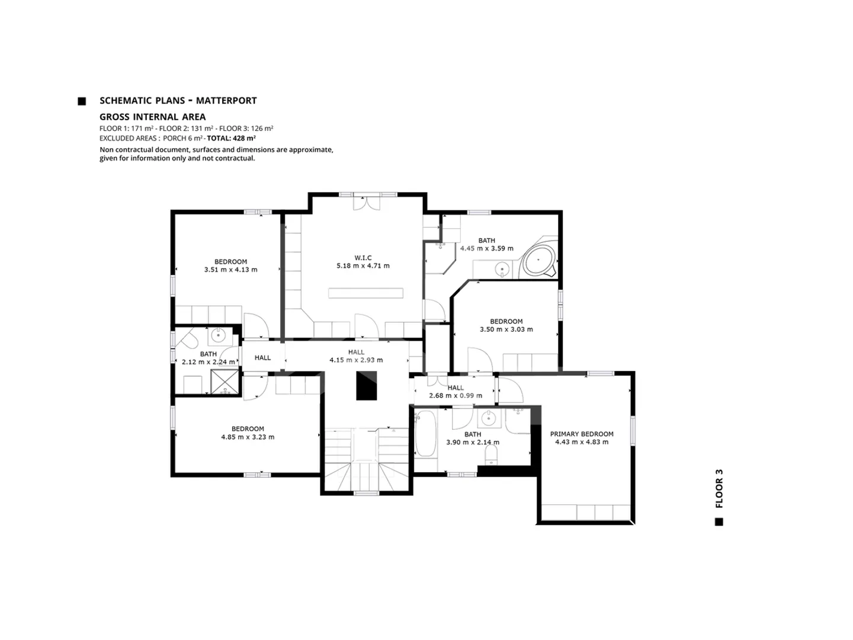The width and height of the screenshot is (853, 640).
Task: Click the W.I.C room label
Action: click(363, 258)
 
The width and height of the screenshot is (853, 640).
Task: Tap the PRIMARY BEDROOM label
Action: click(581, 434)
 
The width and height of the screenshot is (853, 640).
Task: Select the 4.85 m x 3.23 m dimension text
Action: click(248, 437)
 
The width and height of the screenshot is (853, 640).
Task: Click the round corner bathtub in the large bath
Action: click(539, 260)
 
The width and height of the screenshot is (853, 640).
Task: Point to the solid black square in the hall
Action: click(367, 385)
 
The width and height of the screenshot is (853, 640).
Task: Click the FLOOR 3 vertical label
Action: click(719, 488)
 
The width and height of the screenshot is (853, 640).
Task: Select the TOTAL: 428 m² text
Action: click(231, 138)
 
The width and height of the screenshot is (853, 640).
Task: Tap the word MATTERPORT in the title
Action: click(226, 101)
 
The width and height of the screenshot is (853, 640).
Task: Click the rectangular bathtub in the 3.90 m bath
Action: click(425, 434)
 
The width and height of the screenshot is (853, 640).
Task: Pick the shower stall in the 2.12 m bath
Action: click(225, 381)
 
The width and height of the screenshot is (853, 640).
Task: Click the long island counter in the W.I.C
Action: click(365, 293)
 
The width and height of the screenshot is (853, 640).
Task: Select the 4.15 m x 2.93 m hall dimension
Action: click(356, 360)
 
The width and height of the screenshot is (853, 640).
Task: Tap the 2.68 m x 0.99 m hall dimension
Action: click(456, 396)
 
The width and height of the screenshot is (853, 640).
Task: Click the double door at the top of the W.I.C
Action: click(367, 203)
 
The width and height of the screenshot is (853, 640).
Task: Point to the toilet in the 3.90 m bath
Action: click(491, 455)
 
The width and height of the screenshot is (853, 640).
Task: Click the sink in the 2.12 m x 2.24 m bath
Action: click(219, 335)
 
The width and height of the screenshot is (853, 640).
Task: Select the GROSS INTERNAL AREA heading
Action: click(153, 117)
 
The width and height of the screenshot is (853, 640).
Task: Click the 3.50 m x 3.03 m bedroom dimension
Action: click(506, 329)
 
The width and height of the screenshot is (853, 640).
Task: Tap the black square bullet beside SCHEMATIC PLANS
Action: click(82, 101)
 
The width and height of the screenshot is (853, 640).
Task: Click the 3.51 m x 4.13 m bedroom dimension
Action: click(230, 269)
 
